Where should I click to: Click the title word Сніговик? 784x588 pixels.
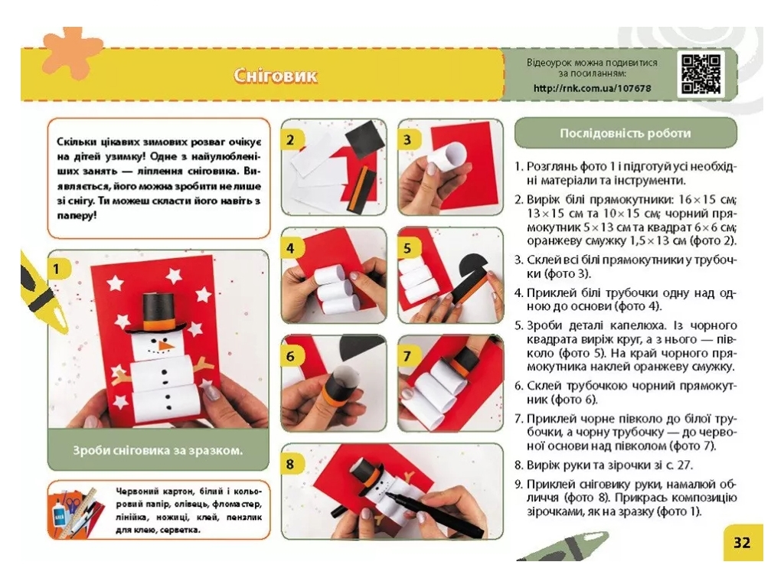click(275, 76)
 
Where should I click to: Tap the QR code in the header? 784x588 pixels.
click(701, 74)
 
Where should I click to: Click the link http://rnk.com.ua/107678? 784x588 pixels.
click(592, 89)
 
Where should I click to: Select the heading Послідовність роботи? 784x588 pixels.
click(625, 133)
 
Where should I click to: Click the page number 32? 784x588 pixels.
click(742, 543)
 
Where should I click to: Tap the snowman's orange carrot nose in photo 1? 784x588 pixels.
click(165, 345)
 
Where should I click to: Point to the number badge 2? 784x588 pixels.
click(290, 140)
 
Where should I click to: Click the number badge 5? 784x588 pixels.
click(407, 248)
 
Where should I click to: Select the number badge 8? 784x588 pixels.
click(290, 465)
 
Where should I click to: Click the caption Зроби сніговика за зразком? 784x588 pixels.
click(158, 450)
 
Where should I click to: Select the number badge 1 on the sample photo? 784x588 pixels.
click(57, 269)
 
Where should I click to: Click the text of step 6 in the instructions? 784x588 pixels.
click(625, 393)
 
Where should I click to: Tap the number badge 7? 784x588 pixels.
click(407, 357)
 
